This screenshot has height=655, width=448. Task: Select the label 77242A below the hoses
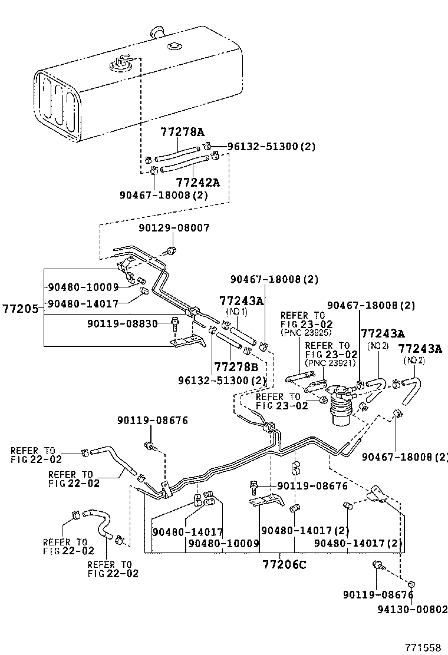click(x=198, y=182)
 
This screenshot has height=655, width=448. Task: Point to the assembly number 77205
click(x=19, y=308)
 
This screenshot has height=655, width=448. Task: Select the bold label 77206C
click(x=285, y=564)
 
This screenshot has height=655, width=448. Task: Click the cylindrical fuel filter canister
click(x=340, y=406)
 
